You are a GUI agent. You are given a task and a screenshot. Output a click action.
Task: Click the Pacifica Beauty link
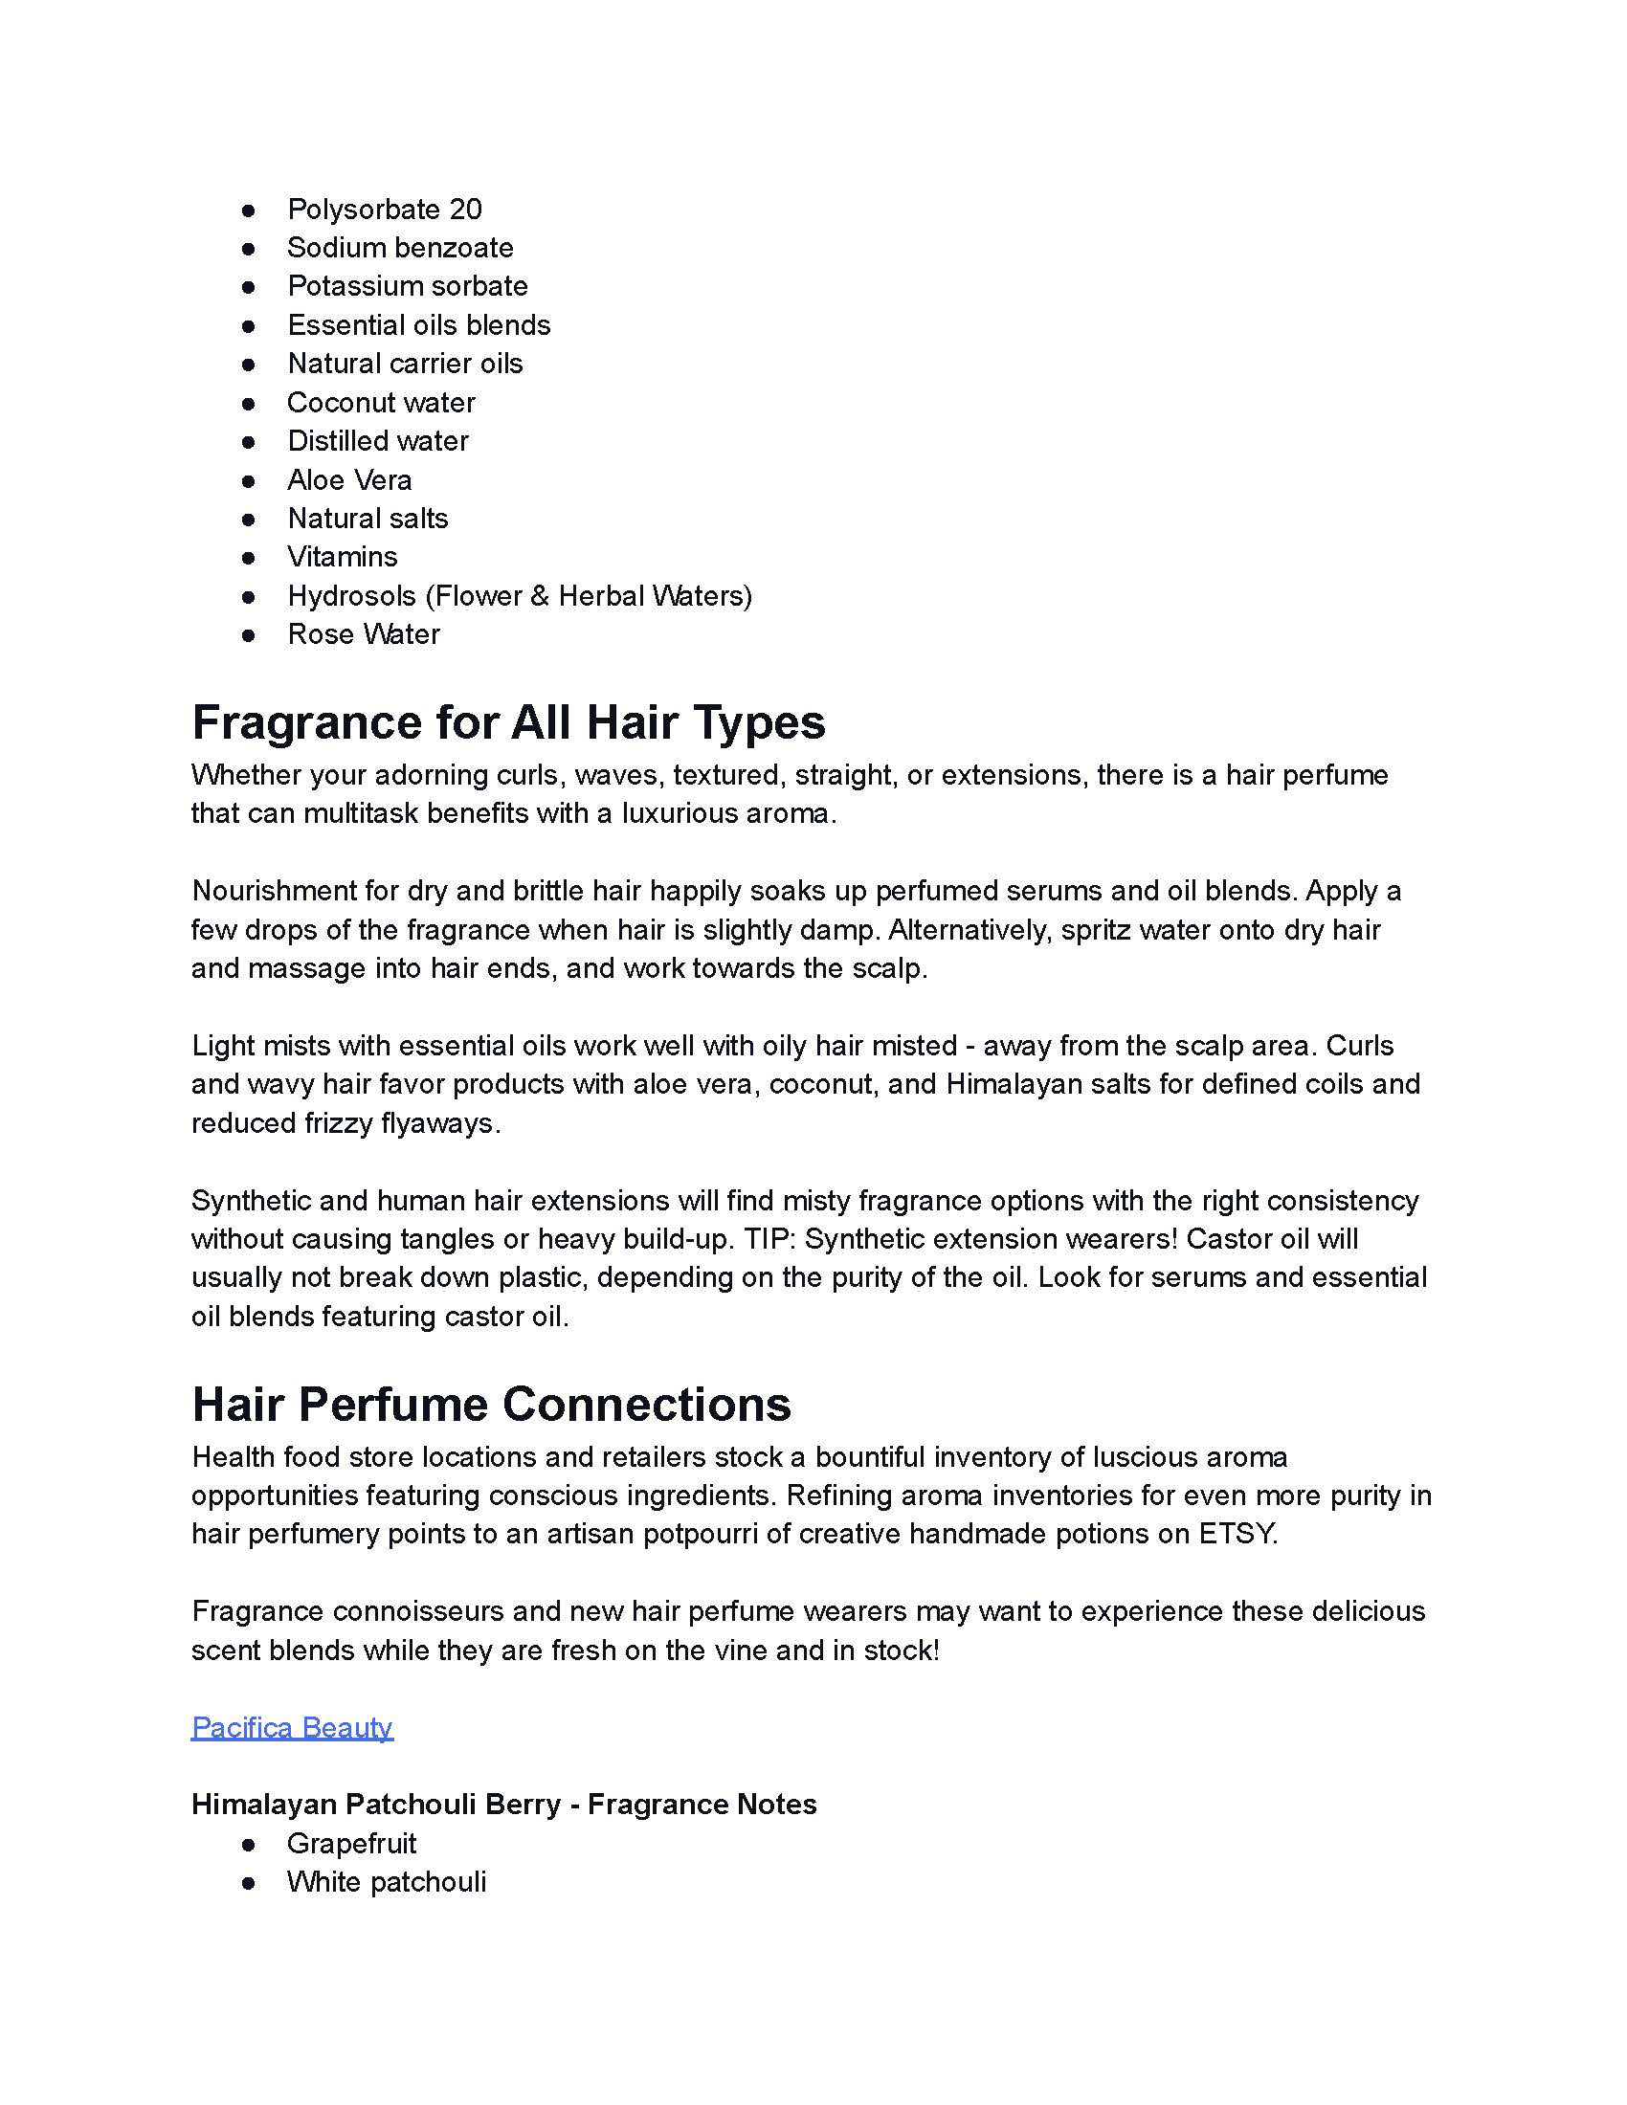tap(292, 1727)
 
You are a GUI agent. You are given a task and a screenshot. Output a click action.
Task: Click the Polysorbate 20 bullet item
tap(384, 210)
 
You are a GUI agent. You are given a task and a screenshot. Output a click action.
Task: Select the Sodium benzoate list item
tap(400, 248)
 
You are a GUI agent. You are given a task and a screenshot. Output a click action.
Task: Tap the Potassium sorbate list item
tap(407, 286)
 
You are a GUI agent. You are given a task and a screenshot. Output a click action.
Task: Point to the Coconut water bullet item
tap(381, 402)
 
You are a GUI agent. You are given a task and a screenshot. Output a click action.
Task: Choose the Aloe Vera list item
tap(349, 480)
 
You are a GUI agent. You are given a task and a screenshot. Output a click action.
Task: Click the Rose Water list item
tap(364, 634)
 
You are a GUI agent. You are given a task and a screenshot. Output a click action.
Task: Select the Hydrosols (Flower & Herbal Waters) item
tap(520, 596)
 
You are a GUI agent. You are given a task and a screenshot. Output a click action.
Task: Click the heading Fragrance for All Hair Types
tap(508, 721)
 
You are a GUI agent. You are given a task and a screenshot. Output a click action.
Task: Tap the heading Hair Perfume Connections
tap(491, 1405)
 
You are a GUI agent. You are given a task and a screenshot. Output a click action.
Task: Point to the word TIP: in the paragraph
tap(768, 1238)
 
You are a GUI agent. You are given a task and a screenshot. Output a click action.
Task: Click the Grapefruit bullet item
tap(351, 1844)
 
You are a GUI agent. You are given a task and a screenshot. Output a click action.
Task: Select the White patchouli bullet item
tap(387, 1882)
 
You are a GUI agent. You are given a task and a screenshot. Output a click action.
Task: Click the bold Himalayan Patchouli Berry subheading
tap(503, 1805)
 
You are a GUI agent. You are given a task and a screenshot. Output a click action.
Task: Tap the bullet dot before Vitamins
tap(249, 557)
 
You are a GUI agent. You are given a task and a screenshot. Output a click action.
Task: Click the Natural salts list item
tap(368, 519)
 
